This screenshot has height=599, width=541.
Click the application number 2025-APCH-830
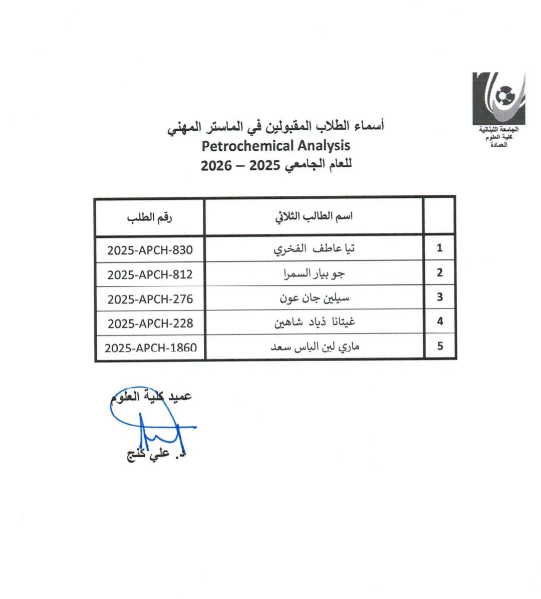tap(150, 249)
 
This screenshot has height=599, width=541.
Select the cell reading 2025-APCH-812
tap(150, 274)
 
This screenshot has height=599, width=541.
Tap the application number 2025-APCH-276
tap(150, 298)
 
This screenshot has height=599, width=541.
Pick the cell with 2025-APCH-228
tap(150, 323)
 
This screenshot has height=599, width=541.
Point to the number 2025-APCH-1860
tap(150, 347)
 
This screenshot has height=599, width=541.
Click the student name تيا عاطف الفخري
tap(314, 248)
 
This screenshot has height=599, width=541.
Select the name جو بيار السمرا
tap(314, 273)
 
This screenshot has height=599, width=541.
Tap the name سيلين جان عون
tap(314, 297)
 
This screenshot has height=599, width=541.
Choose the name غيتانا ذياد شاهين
tap(314, 322)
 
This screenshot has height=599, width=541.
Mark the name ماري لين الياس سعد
tap(315, 346)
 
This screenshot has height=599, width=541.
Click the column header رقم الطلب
tap(149, 218)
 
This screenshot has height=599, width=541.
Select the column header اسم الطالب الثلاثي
tap(314, 216)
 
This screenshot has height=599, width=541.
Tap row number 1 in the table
tap(439, 248)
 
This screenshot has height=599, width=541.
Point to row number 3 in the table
tap(439, 296)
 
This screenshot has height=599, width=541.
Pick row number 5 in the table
tap(440, 346)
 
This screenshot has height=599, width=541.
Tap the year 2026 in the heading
tap(216, 166)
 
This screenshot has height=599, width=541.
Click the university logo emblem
tap(499, 99)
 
